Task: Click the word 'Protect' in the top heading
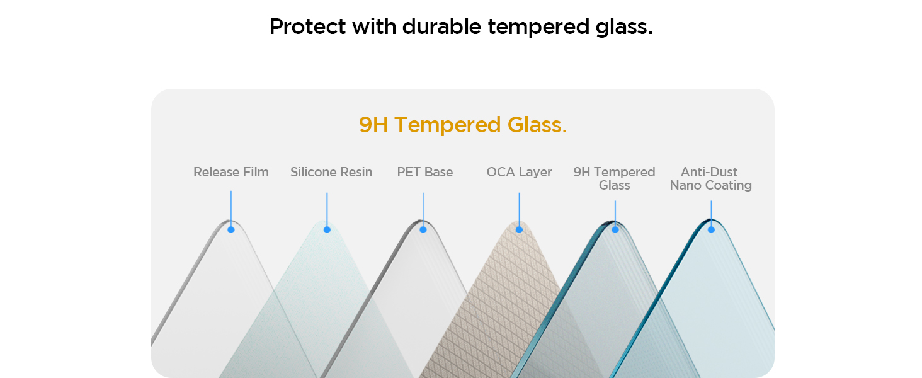click(x=307, y=26)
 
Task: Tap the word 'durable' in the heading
click(x=441, y=26)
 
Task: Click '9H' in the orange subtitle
click(x=373, y=125)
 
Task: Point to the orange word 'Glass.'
click(x=537, y=125)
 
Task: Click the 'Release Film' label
click(x=231, y=172)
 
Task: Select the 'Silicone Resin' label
click(x=331, y=172)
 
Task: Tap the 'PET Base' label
click(x=424, y=172)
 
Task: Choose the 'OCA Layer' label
click(x=519, y=172)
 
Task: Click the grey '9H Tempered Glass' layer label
click(x=614, y=178)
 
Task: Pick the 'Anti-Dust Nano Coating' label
click(x=711, y=178)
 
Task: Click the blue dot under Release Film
click(x=231, y=230)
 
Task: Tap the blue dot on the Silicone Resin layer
click(x=327, y=230)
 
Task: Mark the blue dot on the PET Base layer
click(x=423, y=230)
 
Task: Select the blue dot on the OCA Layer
click(x=519, y=230)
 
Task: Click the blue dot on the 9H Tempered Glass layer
click(x=615, y=230)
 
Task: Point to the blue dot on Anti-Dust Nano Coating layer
click(x=711, y=230)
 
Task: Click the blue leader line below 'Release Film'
click(x=231, y=209)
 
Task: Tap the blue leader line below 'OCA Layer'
click(x=519, y=209)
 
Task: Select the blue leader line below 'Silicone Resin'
click(x=327, y=209)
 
